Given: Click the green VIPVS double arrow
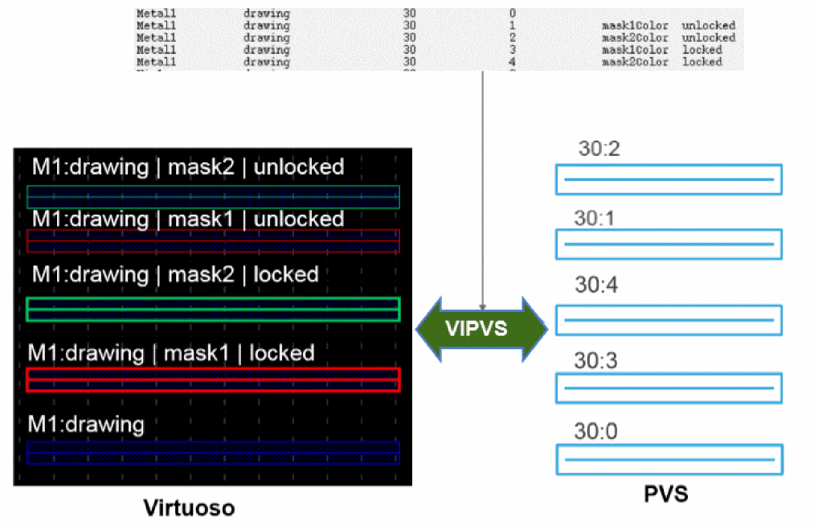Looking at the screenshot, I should coord(482,328).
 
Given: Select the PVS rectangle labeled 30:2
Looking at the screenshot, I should coord(669,179).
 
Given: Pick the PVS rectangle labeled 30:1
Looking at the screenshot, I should coord(669,243).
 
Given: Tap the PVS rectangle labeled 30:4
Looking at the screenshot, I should coord(669,319).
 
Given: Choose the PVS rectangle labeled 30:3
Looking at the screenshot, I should coord(669,388).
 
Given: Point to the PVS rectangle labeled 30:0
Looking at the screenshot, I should coord(669,459).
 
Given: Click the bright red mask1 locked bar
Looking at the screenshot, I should coord(213,379).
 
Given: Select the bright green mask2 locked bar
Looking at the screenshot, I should coord(213,310).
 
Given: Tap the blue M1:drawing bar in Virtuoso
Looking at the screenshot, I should coord(213,452).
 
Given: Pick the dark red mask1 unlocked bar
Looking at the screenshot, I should coord(213,241).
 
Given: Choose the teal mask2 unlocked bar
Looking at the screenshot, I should coord(213,197).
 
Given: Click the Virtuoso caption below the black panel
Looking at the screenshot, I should coord(189,507).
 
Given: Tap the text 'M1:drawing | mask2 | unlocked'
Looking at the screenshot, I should coord(188,167).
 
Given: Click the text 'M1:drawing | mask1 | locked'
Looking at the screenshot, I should coord(171,352).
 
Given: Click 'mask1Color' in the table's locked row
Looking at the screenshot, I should coord(635,50).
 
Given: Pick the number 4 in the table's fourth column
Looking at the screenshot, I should coord(513,62).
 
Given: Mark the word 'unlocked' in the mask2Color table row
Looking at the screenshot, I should coord(708,38).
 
